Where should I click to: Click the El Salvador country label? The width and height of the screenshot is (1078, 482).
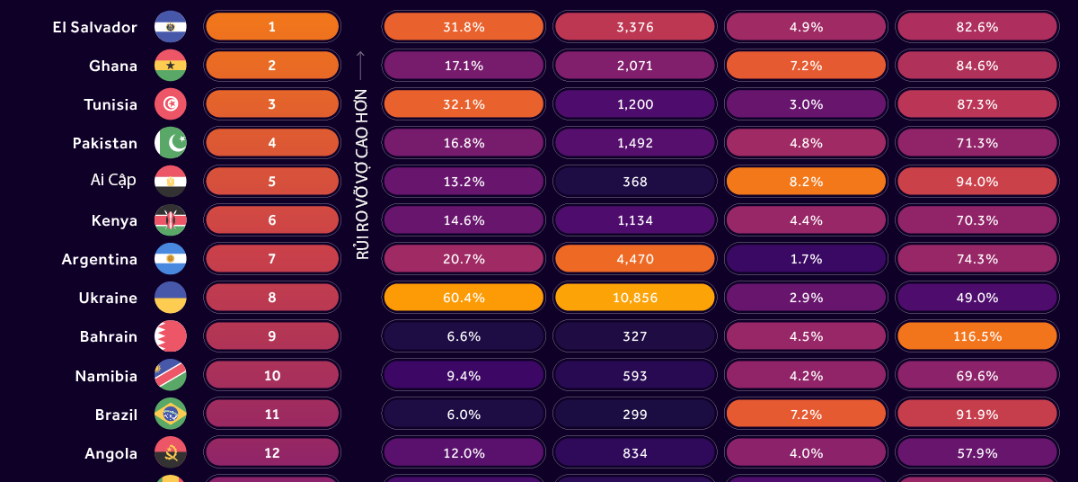(94, 27)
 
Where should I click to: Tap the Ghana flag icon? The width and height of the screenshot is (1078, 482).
(170, 66)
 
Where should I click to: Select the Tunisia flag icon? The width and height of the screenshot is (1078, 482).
(170, 104)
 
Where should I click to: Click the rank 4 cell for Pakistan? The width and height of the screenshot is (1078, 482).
(272, 143)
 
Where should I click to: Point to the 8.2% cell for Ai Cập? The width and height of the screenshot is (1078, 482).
(806, 182)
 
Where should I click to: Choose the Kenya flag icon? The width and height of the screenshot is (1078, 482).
(170, 220)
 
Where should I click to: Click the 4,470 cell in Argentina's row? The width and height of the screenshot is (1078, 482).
(635, 259)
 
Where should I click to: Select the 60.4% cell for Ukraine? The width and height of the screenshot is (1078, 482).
(464, 298)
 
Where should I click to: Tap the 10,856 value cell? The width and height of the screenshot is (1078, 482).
(635, 298)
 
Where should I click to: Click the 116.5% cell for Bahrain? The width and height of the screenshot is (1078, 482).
(977, 336)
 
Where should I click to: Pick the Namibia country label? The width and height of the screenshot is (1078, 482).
(106, 376)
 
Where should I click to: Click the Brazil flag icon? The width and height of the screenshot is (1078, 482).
(170, 415)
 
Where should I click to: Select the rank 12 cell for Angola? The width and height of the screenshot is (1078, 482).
(272, 453)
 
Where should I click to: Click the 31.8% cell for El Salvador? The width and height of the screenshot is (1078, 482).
(464, 27)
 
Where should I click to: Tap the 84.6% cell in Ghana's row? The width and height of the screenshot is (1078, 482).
(977, 66)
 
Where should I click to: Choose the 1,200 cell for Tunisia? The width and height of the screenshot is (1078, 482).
(635, 104)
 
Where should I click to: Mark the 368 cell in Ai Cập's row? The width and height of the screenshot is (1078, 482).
(635, 182)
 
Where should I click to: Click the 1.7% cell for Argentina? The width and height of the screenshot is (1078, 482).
(806, 259)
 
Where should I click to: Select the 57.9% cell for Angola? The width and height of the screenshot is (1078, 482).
(977, 453)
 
